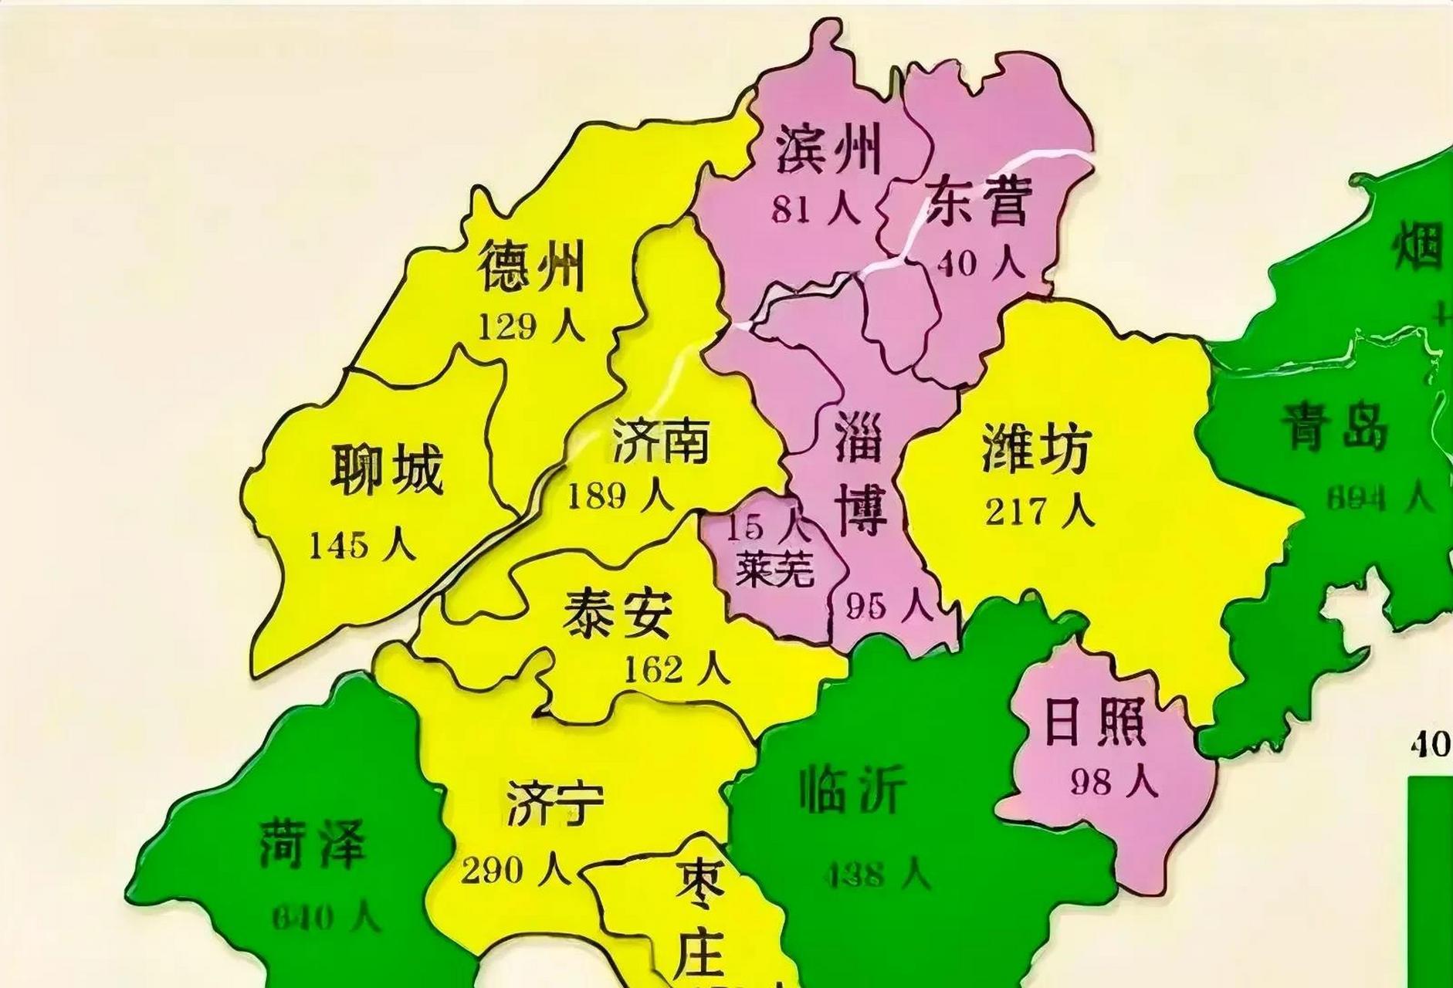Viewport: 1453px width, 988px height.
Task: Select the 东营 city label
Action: pos(978,200)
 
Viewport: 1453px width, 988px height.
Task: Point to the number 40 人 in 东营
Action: pos(981,263)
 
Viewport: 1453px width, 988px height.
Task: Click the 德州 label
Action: pos(531,266)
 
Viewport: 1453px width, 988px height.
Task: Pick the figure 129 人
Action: pos(531,327)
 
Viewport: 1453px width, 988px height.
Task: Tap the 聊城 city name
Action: pos(387,469)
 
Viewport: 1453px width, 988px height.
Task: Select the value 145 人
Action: pos(362,546)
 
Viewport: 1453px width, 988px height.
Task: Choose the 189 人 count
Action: pos(620,496)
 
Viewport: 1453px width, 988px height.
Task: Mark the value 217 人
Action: pos(1039,511)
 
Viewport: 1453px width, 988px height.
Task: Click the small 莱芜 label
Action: pos(774,571)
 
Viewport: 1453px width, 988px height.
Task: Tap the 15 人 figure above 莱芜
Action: pos(767,527)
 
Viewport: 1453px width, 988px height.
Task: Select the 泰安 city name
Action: pos(617,615)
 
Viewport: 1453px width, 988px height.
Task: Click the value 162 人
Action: pos(676,669)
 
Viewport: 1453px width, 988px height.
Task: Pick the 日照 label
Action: pos(1094,723)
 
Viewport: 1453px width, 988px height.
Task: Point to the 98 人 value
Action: pos(1113,782)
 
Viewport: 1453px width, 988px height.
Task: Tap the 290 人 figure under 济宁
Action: pos(516,871)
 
